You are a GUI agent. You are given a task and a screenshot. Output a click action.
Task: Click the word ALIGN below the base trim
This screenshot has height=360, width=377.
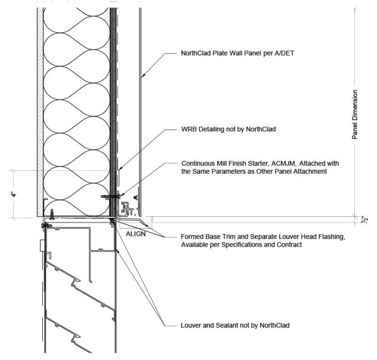[x=135, y=233]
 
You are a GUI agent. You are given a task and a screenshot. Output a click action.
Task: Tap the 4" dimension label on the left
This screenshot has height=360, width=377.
[x=14, y=194]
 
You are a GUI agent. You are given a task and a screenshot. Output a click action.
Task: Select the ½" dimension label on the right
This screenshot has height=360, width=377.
[x=365, y=220]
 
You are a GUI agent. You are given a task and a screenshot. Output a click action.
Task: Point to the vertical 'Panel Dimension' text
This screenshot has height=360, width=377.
[x=354, y=115]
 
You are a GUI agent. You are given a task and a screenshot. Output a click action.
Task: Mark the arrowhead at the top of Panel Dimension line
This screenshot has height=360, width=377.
[x=354, y=10]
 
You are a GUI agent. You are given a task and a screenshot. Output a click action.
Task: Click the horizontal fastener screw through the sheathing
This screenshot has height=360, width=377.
[x=111, y=197]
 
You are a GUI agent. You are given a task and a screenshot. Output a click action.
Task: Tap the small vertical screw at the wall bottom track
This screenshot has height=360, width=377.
[x=52, y=214]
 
